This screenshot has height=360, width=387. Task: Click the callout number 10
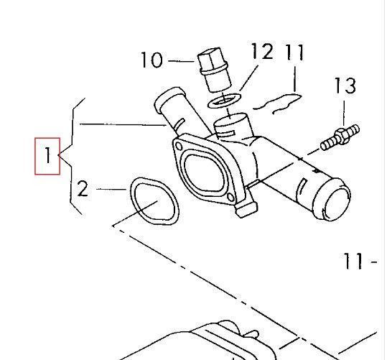coord(151,60)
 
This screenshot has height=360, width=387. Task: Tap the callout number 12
coord(262,51)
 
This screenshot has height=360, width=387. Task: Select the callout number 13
coord(345,86)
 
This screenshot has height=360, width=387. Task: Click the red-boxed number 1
coord(48,155)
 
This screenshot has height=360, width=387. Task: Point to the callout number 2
coord(83,188)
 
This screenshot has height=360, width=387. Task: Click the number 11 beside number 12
coord(294,52)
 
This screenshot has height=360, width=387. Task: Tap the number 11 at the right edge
coord(353,261)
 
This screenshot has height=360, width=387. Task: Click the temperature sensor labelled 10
coord(214,70)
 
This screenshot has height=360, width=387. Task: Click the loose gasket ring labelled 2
coord(154,201)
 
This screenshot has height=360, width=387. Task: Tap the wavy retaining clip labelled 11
coord(277,103)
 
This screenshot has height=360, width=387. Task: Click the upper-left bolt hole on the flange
coord(179,147)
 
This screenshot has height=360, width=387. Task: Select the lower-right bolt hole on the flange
coord(230,197)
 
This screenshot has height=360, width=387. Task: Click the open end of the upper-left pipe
coord(169,96)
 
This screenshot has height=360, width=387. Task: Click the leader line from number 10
coord(181,61)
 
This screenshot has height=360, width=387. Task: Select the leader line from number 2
coord(111,189)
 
